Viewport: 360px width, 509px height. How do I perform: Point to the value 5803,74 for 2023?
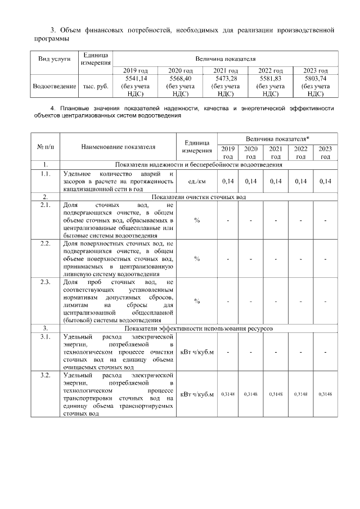pyautogui.click(x=316, y=79)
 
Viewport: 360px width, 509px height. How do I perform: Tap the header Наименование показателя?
pyautogui.click(x=118, y=146)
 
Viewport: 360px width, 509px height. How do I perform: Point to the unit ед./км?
pyautogui.click(x=197, y=181)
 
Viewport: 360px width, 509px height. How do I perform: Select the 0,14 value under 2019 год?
pyautogui.click(x=228, y=181)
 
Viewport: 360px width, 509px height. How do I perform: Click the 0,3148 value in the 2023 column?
pyautogui.click(x=325, y=394)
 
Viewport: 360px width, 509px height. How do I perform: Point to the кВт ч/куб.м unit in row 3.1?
pyautogui.click(x=197, y=352)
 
